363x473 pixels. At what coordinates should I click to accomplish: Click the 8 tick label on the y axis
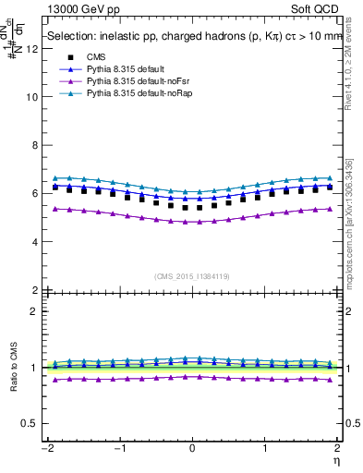tap(34, 145)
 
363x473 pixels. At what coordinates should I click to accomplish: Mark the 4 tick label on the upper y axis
tap(34, 242)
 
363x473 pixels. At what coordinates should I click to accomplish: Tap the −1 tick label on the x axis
tap(119, 448)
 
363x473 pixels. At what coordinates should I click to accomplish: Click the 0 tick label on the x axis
tap(193, 448)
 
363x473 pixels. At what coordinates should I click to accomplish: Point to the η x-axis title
tap(338, 459)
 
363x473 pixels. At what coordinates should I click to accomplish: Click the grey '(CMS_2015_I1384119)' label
tap(193, 276)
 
